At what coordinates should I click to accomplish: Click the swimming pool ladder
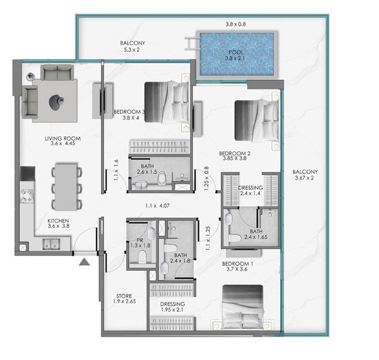(192, 44)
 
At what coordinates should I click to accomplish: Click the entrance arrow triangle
(84, 262)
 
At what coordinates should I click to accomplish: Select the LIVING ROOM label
(63, 139)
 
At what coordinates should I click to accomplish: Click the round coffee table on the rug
(56, 102)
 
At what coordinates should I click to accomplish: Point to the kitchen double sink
(51, 244)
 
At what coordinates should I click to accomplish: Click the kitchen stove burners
(27, 196)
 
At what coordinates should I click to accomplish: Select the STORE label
(124, 296)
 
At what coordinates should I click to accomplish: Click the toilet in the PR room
(142, 257)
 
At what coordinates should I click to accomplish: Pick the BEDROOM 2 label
(235, 154)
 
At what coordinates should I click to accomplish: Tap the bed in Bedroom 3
(167, 102)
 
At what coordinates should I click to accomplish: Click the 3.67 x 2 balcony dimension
(304, 178)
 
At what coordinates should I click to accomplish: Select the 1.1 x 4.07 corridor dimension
(157, 206)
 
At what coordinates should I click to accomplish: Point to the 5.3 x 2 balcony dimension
(132, 50)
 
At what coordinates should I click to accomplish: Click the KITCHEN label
(58, 221)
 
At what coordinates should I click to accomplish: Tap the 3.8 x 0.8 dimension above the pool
(236, 24)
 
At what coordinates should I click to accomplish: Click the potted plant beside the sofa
(31, 76)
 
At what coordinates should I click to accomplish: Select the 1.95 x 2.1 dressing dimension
(172, 309)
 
